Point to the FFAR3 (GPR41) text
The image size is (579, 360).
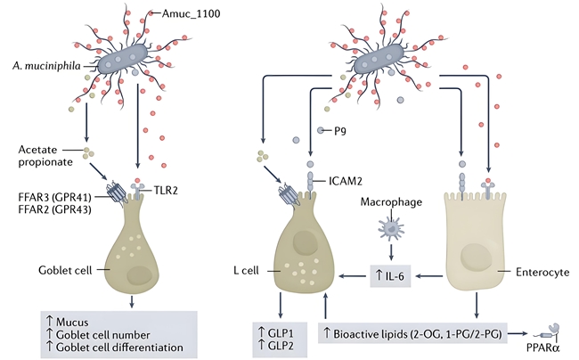[x=46, y=186]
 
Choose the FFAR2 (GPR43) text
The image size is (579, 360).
[x=46, y=201]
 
